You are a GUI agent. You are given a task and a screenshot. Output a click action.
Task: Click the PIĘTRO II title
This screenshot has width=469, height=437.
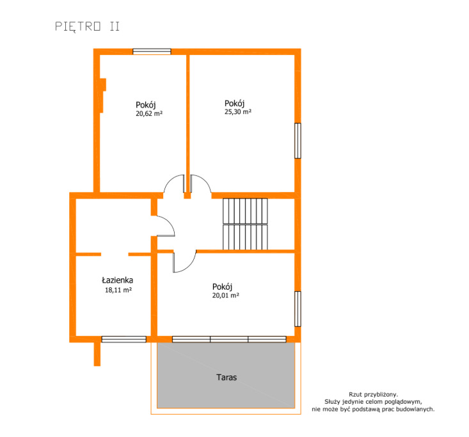pyautogui.click(x=88, y=27)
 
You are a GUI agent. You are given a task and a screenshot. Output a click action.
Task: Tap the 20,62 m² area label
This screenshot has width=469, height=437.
pyautogui.click(x=149, y=114)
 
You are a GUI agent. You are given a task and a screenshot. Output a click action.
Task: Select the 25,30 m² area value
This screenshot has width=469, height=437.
pyautogui.click(x=238, y=112)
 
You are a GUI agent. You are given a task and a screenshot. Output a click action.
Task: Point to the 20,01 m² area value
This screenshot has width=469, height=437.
pyautogui.click(x=225, y=296)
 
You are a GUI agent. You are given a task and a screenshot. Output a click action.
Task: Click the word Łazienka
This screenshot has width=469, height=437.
pyautogui.click(x=118, y=280)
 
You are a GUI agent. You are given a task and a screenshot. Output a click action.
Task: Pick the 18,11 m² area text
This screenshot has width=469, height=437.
pyautogui.click(x=118, y=290)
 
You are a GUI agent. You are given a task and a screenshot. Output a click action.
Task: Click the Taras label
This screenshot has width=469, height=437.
pyautogui.click(x=227, y=377)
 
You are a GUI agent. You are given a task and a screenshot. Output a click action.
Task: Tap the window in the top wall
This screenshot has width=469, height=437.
pyautogui.click(x=152, y=51)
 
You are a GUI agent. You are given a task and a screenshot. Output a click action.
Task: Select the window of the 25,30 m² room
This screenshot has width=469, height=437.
pyautogui.click(x=298, y=141)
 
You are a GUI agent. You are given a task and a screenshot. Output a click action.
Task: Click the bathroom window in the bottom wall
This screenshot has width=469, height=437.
pyautogui.click(x=124, y=339)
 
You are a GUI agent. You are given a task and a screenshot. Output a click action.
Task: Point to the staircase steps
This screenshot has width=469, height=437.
pyautogui.click(x=245, y=224)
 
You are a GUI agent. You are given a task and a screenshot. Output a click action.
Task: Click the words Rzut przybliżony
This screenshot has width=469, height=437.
pyautogui.click(x=373, y=395)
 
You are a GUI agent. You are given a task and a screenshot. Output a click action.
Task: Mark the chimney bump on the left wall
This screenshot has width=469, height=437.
pyautogui.click(x=102, y=96)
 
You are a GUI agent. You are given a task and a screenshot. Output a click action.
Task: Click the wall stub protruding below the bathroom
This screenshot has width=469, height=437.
pyautogui.click(x=97, y=354)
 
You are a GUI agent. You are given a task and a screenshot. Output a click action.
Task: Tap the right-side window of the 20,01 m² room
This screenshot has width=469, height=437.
pyautogui.click(x=298, y=309)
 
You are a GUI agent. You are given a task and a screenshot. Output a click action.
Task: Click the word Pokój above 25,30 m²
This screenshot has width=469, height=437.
pyautogui.click(x=234, y=104)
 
